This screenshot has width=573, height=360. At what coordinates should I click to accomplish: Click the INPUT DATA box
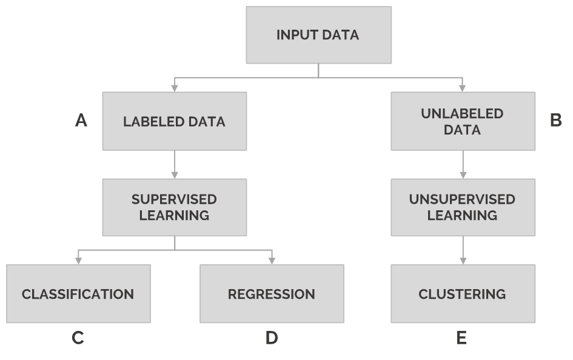(318, 35)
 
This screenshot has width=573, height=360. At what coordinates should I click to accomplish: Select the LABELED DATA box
(174, 121)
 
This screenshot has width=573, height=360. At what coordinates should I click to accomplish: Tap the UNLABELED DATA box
(463, 121)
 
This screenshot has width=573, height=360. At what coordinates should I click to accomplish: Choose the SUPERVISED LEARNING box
(174, 207)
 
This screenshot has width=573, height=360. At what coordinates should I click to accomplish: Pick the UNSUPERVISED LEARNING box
(463, 207)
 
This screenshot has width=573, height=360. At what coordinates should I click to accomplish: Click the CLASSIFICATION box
(78, 294)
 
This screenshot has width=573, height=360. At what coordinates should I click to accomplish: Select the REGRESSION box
(272, 294)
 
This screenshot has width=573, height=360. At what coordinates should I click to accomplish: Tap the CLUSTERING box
(463, 294)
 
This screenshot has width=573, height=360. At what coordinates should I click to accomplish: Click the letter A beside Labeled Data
(81, 121)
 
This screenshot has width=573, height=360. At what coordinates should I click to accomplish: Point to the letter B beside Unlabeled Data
(555, 121)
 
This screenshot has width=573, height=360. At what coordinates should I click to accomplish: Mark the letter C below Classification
(78, 338)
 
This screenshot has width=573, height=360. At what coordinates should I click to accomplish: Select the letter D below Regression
(272, 338)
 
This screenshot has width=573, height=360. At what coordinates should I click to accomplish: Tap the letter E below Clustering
(462, 338)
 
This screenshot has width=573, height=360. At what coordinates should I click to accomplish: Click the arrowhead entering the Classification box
(78, 261)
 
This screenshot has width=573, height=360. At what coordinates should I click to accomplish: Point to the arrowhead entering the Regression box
(272, 261)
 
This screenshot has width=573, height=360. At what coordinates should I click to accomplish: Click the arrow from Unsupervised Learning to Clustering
(463, 250)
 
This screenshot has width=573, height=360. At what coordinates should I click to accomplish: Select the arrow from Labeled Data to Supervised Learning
(175, 164)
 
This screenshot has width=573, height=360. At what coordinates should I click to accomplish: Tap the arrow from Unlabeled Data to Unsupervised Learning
(463, 164)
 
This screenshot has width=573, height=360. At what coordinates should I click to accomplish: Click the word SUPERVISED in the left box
(174, 199)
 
